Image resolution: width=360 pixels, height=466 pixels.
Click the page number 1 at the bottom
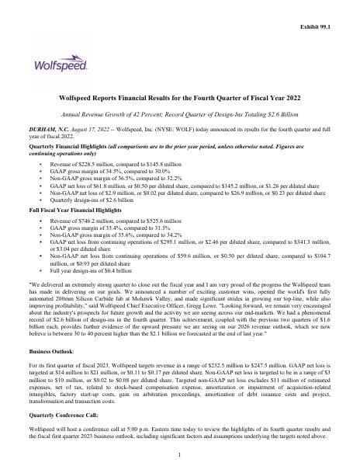click(x=180, y=455)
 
